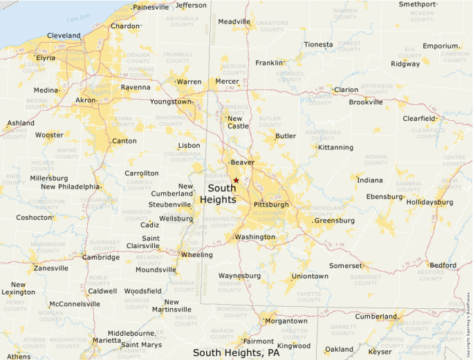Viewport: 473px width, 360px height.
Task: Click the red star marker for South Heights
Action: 236,180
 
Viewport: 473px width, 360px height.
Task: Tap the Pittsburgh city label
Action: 271,205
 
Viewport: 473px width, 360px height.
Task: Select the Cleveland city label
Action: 64,35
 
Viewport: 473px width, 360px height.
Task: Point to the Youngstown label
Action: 171,102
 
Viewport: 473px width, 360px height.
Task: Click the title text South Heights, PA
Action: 236,352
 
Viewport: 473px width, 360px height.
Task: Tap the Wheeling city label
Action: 197,255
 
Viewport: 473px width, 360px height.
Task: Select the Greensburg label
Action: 334,221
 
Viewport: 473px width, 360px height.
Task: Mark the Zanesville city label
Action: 51,268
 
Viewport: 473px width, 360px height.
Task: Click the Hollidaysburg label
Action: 429,202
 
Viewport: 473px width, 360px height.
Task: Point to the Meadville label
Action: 234,21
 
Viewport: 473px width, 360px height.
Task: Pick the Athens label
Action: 19,357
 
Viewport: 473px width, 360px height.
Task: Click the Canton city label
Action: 124,141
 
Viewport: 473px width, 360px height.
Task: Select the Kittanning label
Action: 335,147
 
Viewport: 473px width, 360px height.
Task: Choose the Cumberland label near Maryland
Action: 376,316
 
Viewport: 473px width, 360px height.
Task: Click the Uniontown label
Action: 310,276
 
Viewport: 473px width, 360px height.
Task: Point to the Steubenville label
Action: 169,205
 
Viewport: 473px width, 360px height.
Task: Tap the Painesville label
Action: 150,8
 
